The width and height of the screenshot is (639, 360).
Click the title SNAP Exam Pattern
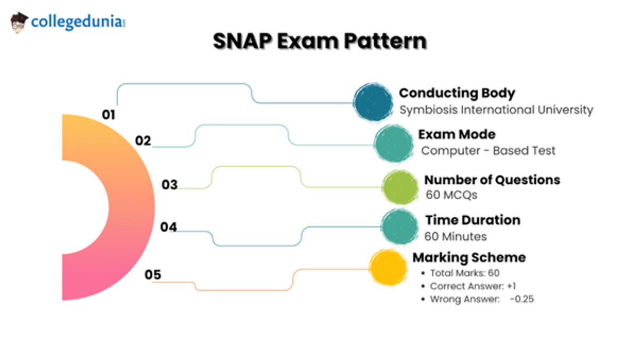(319, 41)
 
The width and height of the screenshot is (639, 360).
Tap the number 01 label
(109, 114)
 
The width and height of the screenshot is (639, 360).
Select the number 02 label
(143, 141)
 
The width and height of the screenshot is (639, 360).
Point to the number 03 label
(169, 185)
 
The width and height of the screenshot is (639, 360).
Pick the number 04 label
(168, 227)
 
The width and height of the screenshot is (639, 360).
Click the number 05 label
(153, 275)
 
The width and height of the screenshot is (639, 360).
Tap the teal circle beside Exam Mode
(394, 143)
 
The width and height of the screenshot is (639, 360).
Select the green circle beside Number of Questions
(400, 187)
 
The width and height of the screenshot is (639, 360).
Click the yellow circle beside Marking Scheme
(388, 267)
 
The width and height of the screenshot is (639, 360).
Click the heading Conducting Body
(457, 93)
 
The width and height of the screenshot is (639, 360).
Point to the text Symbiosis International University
(496, 110)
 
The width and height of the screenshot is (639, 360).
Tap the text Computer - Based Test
(488, 151)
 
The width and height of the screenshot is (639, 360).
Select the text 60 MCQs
(451, 195)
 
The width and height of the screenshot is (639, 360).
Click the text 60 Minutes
(455, 236)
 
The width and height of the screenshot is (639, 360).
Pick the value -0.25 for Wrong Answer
(521, 299)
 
